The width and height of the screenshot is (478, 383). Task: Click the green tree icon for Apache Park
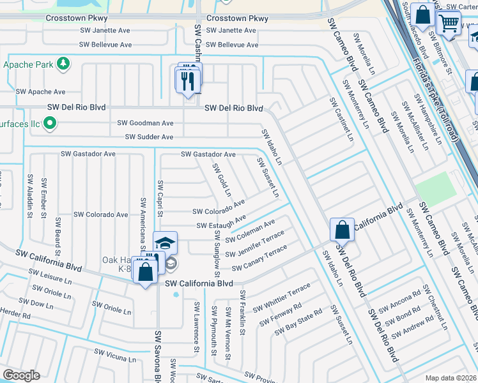tap(63, 64)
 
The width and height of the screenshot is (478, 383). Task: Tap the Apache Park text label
tap(27, 64)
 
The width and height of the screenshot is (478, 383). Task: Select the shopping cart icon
tap(449, 24)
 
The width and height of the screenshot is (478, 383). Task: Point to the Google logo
tap(21, 375)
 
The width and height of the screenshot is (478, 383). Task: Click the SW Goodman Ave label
tap(145, 123)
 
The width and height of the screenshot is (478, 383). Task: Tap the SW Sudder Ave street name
tap(149, 137)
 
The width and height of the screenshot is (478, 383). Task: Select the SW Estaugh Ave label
tap(221, 223)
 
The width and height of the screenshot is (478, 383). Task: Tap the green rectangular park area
tap(435, 188)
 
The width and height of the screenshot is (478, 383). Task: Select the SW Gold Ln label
tap(222, 179)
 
